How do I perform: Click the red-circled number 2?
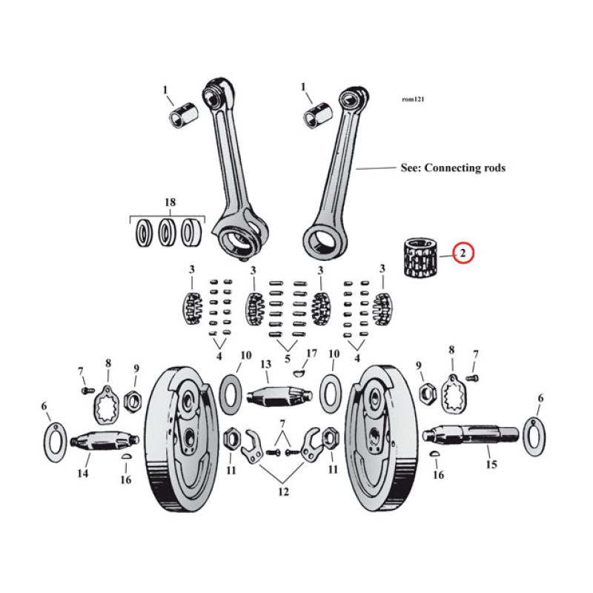[463, 254]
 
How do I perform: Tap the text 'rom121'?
[413, 99]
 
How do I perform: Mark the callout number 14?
[83, 473]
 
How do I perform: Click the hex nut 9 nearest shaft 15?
[427, 391]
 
